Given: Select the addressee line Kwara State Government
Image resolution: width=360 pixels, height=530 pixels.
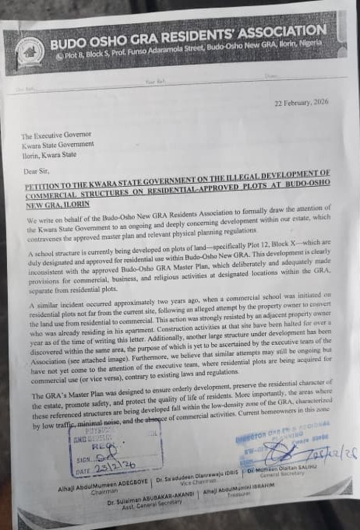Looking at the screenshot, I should click(x=57, y=144).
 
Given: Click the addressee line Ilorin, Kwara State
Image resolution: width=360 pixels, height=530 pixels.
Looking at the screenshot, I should click(x=49, y=154).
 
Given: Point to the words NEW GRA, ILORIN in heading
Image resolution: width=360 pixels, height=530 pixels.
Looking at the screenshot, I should click(x=57, y=204).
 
